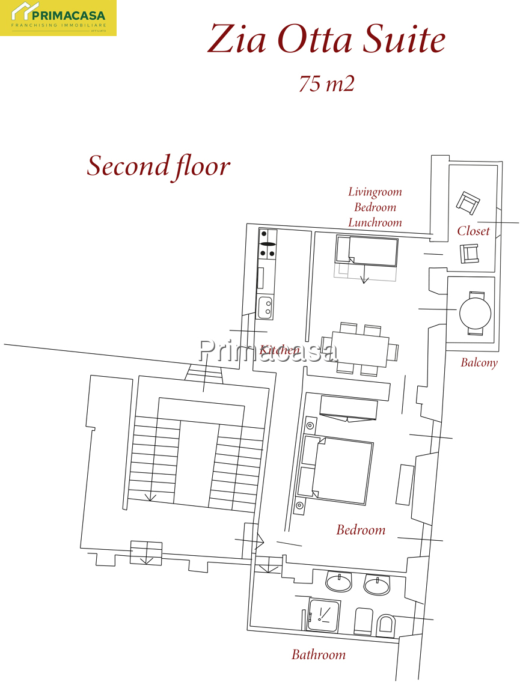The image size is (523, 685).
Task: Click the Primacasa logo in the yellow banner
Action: coord(58,17)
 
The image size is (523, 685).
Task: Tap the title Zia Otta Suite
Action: coord(326,39)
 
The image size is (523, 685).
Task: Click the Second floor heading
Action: coord(159,166)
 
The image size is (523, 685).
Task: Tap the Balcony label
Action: coord(479,362)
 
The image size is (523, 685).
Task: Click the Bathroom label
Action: coord(319,654)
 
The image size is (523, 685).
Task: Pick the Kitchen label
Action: coord(280,350)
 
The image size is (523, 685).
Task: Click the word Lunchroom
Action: coord(375,222)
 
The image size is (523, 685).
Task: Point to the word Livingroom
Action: coord(375,192)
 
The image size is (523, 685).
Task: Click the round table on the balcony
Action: coord(475,313)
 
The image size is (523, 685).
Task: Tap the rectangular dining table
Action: coord(360,350)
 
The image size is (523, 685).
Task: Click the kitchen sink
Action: coord(266,307)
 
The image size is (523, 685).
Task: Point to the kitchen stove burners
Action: coord(268,244)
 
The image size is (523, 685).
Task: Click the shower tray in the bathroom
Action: coord(324,615)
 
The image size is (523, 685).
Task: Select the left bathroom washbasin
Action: coord(338,583)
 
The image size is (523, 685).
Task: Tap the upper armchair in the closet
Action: coord(468,202)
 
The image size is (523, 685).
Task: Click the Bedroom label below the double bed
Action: coord(361,530)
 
